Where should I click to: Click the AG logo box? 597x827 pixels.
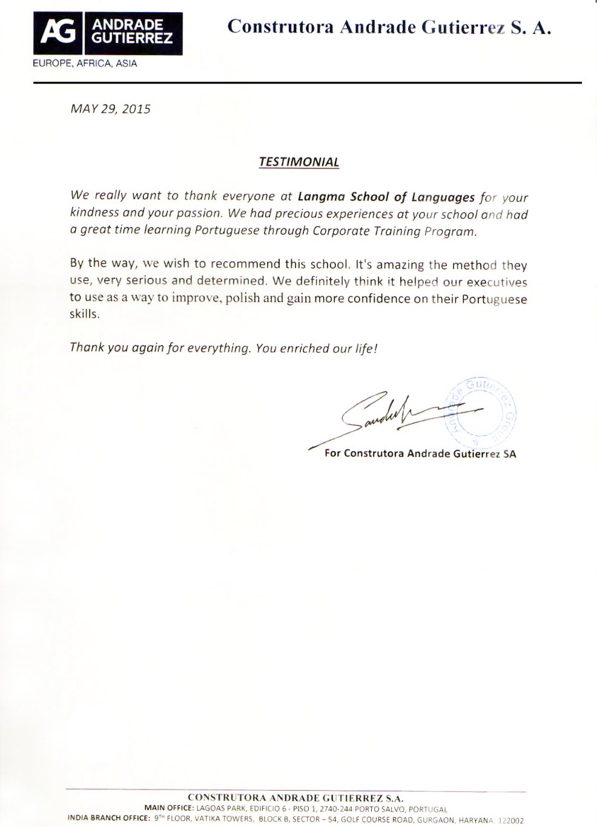coord(108,33)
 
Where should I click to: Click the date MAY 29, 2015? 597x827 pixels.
coord(110,110)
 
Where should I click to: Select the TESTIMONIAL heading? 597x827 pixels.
coord(298,162)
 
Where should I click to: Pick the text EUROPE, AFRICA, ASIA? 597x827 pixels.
coord(85,64)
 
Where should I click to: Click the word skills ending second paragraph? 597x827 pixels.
coord(84,315)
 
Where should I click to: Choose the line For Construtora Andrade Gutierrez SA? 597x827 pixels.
coord(420,453)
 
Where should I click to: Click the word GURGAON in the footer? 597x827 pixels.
coord(434,820)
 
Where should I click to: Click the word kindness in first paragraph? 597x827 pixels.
coord(94,214)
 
